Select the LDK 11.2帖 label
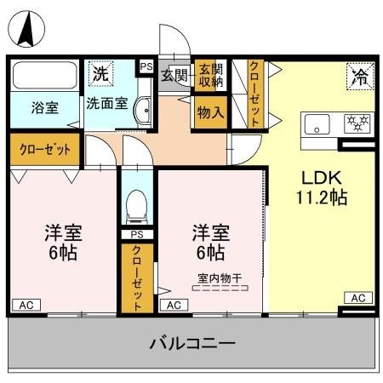click(322, 187)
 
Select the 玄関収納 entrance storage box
click(209, 76)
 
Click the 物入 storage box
click(209, 111)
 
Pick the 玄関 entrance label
click(176, 75)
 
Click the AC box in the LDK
click(357, 297)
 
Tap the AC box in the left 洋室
click(26, 304)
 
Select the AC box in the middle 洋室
click(174, 304)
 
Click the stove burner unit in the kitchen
click(357, 124)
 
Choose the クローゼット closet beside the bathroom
click(45, 149)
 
